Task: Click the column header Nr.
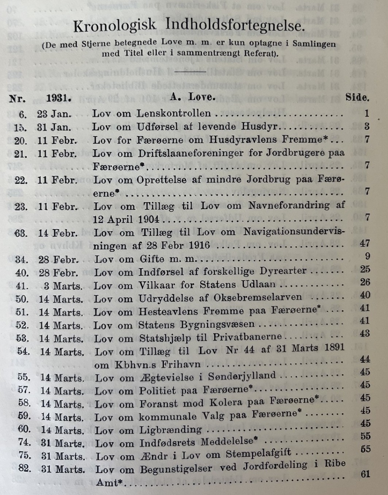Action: pyautogui.click(x=18, y=99)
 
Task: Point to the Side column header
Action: pyautogui.click(x=357, y=98)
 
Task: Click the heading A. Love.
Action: pyautogui.click(x=192, y=97)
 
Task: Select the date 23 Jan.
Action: pyautogui.click(x=54, y=114)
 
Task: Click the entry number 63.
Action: pyautogui.click(x=21, y=233)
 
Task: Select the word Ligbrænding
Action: pyautogui.click(x=170, y=430)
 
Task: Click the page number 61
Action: pyautogui.click(x=365, y=474)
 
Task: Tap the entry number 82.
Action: pyautogui.click(x=25, y=468)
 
